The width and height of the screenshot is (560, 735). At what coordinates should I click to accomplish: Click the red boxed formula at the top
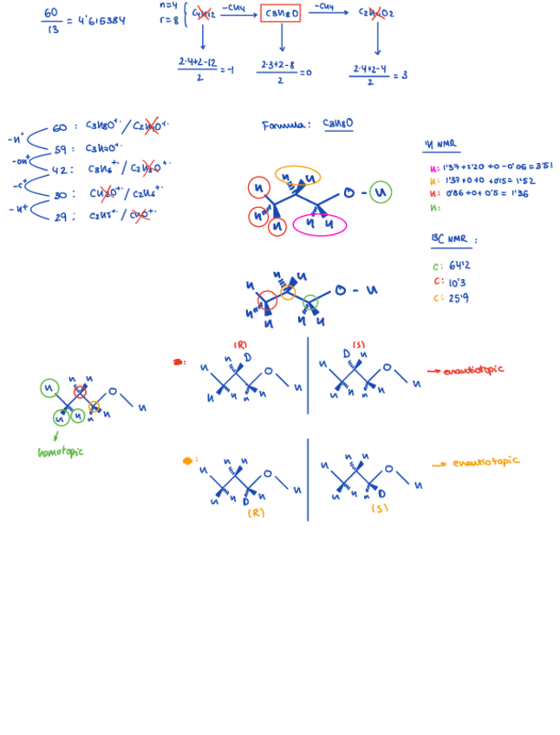pos(281,13)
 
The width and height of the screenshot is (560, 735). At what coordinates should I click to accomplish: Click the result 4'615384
pos(101,20)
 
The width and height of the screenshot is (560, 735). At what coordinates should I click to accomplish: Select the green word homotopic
pos(61,452)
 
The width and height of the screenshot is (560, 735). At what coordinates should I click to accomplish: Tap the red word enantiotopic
pos(472,370)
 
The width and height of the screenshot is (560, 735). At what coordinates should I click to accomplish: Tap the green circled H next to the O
pos(380,192)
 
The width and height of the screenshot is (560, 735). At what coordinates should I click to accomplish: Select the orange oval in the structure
pos(298,176)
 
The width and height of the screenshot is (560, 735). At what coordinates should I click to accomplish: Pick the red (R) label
pos(240,345)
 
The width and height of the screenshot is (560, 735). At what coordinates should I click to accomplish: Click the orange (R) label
pos(256,512)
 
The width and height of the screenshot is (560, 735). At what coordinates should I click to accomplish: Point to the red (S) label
pos(358,345)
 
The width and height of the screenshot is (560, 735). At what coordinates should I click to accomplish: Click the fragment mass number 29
pos(60,217)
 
